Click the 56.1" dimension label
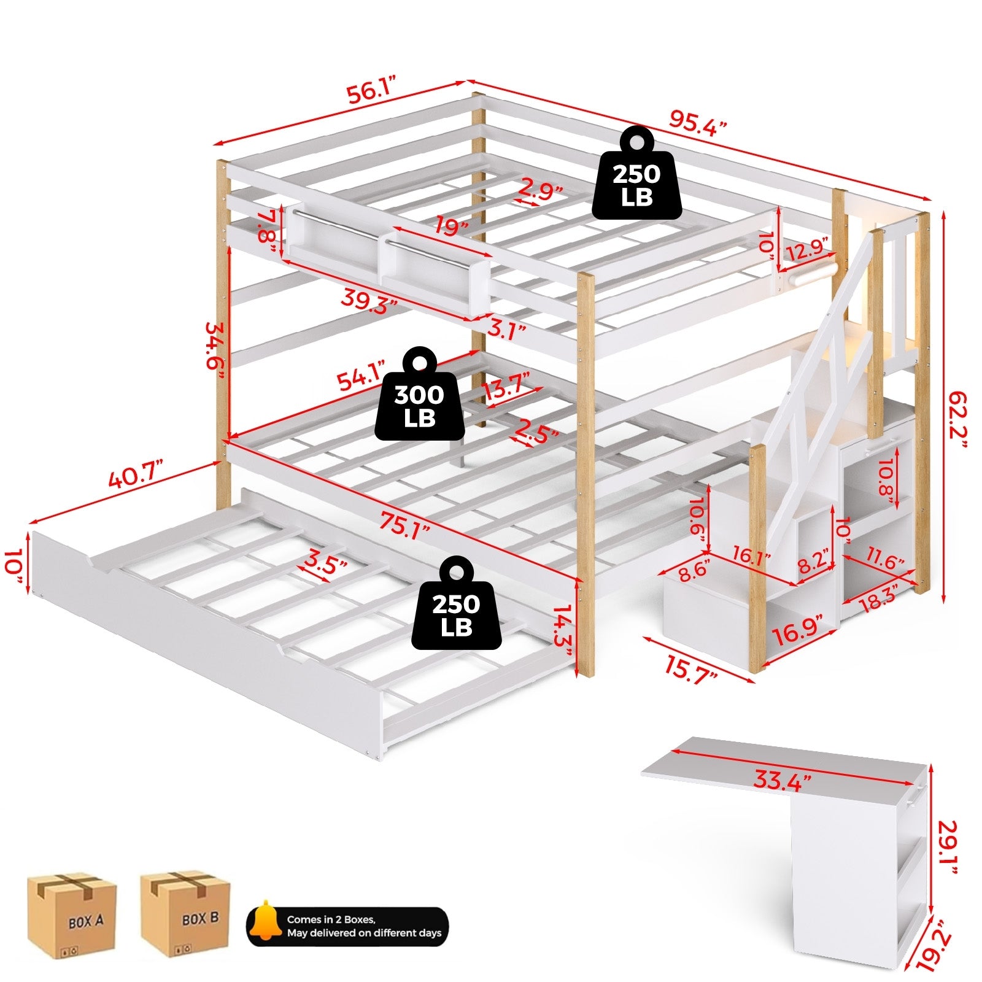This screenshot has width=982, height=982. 372,92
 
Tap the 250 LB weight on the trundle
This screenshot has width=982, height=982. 456,606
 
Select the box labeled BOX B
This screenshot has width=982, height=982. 185,915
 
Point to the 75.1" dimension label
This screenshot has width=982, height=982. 403,526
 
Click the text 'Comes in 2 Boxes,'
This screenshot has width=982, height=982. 331,919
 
